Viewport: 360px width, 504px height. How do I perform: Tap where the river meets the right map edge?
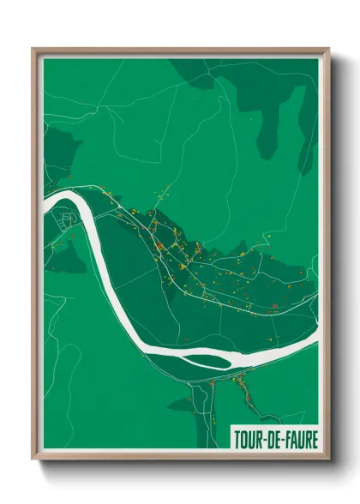[315, 342]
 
